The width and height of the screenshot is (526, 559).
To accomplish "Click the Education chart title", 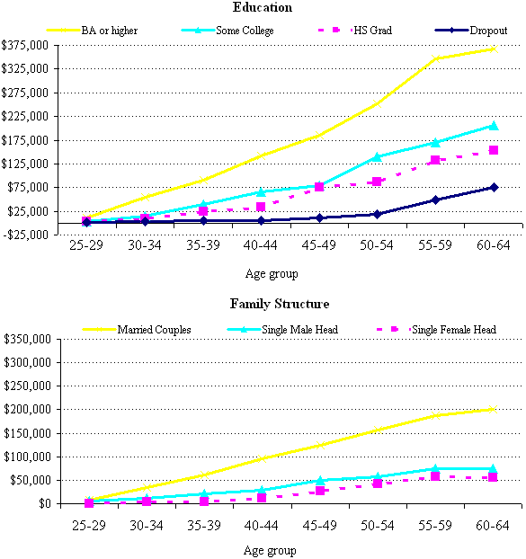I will [262, 7].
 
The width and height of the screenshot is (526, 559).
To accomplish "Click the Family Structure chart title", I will [267, 304].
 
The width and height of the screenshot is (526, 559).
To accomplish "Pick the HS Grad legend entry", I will [370, 31].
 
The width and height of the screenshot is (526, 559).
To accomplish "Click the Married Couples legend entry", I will [154, 330].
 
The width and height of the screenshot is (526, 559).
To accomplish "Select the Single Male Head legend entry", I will [302, 330].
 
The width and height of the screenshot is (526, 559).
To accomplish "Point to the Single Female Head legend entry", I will [453, 330].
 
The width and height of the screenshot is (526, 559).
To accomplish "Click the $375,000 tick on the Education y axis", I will [30, 45].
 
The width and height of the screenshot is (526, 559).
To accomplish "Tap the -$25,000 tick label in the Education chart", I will [29, 235].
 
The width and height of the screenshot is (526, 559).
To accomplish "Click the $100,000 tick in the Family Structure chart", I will [29, 457].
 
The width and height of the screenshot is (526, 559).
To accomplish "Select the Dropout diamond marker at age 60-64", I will [493, 187].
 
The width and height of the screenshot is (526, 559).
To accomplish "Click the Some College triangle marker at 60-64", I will [493, 126].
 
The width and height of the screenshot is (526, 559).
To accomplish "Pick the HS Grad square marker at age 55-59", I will [435, 160].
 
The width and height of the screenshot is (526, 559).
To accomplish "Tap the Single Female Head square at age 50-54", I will [378, 484].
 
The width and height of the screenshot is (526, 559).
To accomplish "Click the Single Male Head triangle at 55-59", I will [435, 468].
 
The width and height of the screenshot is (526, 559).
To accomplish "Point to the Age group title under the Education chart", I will [272, 273].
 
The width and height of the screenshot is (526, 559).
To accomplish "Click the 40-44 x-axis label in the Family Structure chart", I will [261, 521].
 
